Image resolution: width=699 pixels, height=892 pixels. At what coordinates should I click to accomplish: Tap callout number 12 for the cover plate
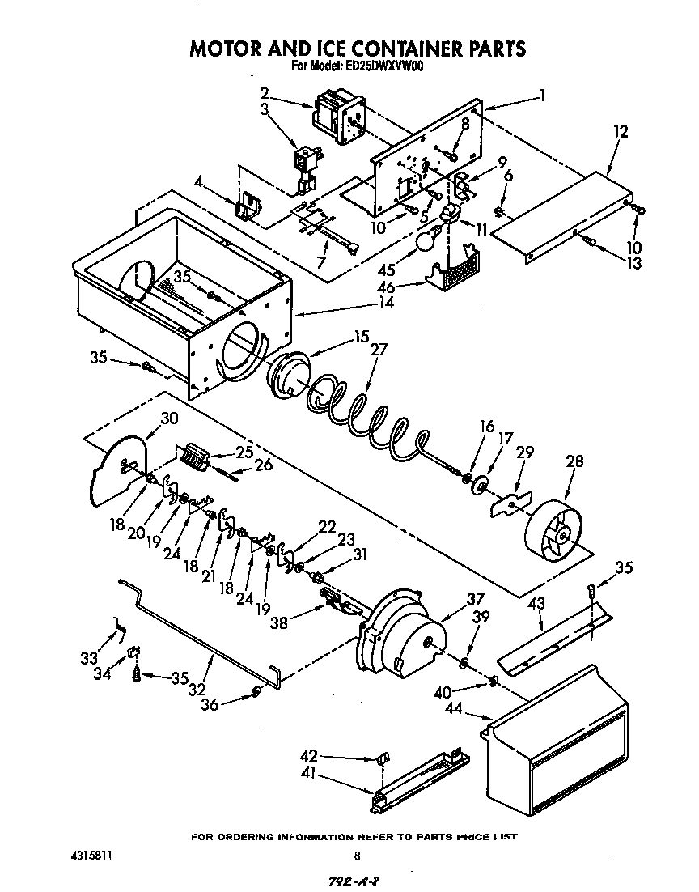[621, 130]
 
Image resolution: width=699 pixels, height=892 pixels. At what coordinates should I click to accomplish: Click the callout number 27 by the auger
[379, 350]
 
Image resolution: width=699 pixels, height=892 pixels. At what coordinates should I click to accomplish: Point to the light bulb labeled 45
[426, 240]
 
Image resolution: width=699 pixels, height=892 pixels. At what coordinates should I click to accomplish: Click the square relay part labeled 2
[337, 110]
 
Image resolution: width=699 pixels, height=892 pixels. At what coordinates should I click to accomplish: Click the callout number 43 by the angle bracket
[536, 603]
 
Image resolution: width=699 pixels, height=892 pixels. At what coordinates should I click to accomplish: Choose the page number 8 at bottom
[356, 856]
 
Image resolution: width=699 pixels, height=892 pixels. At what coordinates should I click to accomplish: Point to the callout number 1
[542, 95]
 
